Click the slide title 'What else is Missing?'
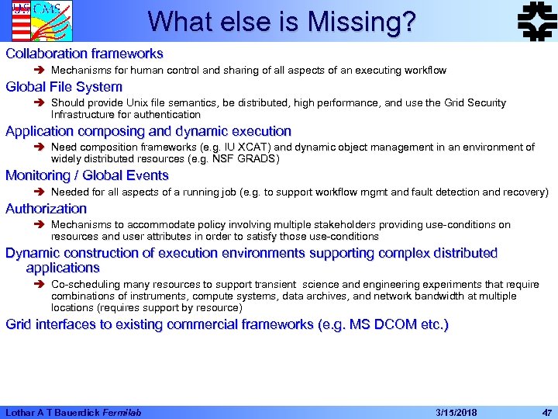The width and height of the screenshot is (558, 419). (281, 22)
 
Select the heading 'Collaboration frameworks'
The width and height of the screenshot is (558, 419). (84, 54)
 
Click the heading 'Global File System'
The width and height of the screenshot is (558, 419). (64, 86)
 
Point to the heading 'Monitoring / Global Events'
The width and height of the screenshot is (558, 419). (87, 175)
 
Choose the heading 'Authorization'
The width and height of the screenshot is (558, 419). (46, 208)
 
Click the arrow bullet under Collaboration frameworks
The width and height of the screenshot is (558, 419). (40, 71)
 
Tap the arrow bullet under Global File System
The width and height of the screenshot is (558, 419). (40, 103)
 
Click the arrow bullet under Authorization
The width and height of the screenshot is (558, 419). (40, 225)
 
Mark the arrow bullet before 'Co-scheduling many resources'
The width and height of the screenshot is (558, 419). (40, 285)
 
